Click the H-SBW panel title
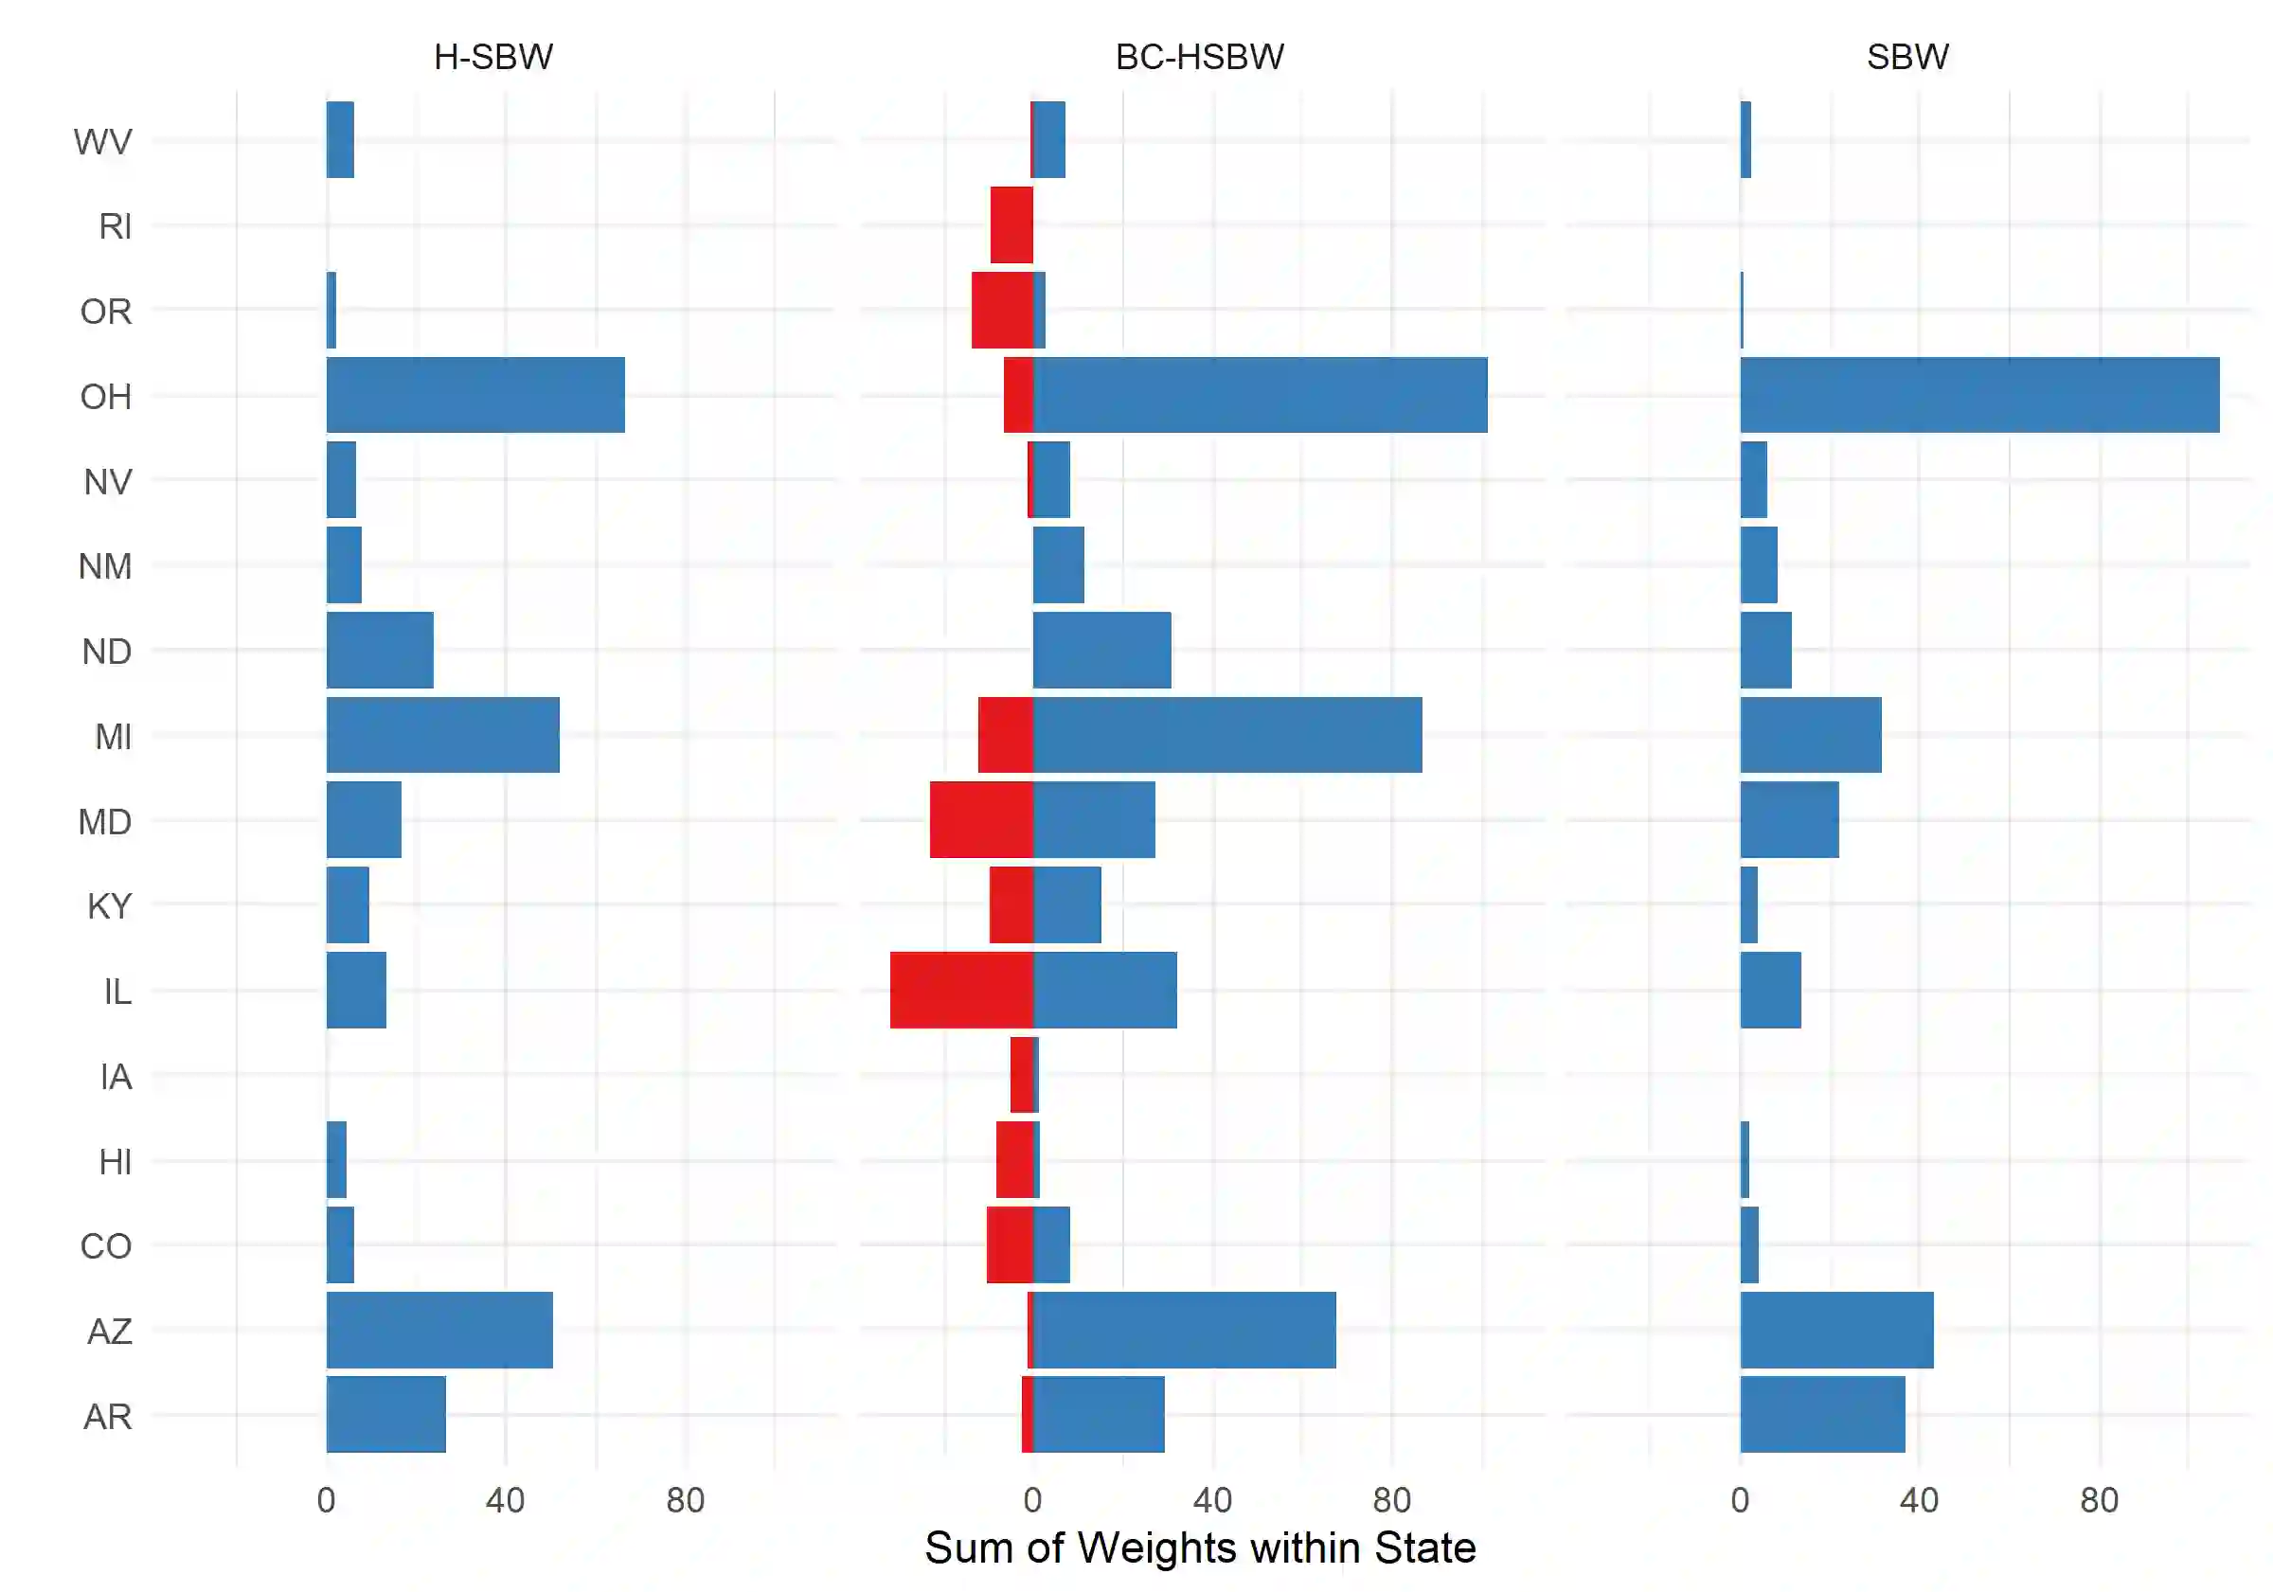coord(493,58)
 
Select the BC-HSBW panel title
coord(1199,58)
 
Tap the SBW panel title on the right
coord(1906,58)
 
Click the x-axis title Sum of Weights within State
coord(1199,1547)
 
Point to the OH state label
coord(106,397)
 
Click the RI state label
coord(115,226)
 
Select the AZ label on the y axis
coord(109,1332)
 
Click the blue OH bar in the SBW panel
coord(1979,395)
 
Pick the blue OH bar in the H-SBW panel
coord(475,395)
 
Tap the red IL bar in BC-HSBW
coord(961,990)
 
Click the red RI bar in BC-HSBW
coord(1011,224)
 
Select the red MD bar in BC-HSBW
coord(981,820)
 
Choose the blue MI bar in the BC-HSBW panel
coord(1226,735)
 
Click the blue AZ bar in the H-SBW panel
coord(439,1330)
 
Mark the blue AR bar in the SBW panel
coord(1821,1415)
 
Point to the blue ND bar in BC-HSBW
coord(1101,651)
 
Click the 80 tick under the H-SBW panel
coord(685,1501)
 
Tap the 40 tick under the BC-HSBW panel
coord(1211,1501)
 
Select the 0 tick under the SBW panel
coord(1740,1501)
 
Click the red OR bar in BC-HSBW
coord(1002,310)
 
